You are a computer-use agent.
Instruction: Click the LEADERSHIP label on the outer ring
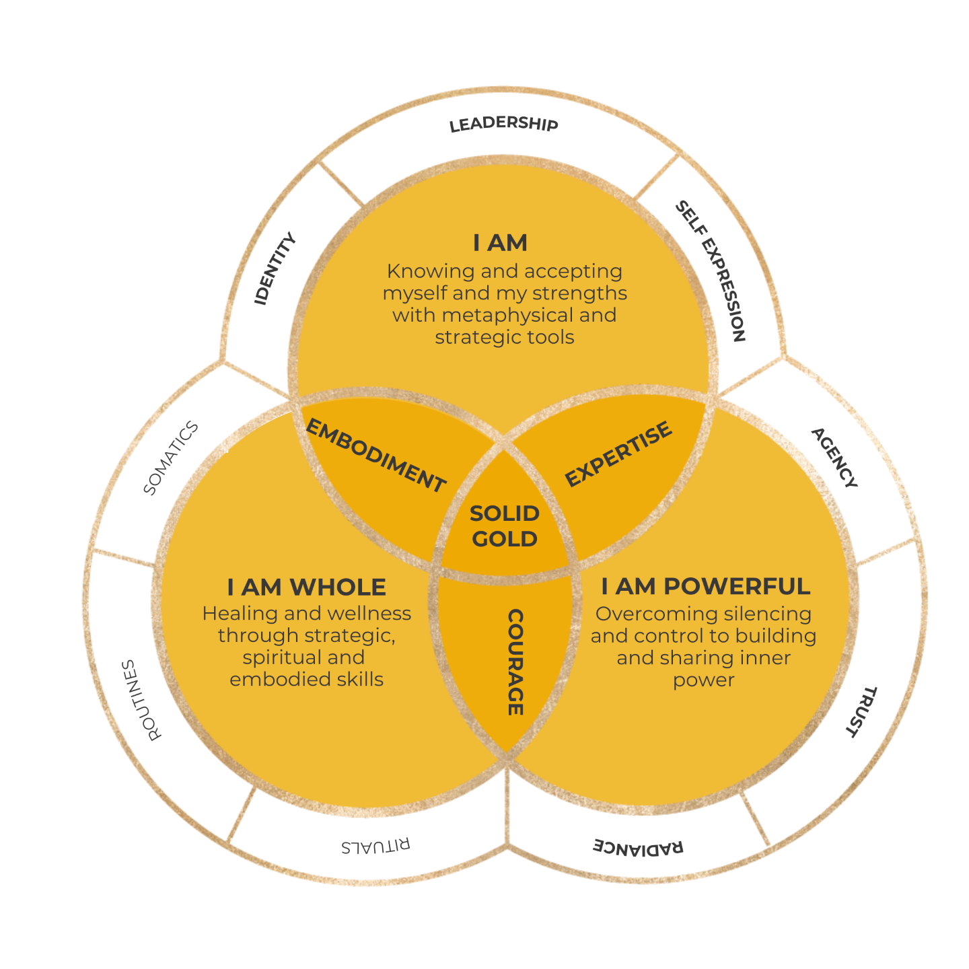[x=503, y=124]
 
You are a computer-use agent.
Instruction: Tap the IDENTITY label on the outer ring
[x=275, y=268]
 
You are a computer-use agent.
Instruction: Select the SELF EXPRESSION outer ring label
[x=711, y=271]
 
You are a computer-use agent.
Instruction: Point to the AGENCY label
[x=834, y=458]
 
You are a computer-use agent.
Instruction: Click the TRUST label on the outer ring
[x=861, y=712]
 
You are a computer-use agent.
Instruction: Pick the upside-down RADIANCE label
[x=638, y=847]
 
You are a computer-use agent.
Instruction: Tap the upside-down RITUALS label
[x=375, y=846]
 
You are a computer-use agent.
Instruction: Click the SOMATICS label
[x=171, y=458]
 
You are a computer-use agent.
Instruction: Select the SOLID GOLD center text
[x=505, y=526]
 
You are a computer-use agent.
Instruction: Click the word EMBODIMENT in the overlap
[x=375, y=456]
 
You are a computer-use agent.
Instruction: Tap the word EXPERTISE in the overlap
[x=618, y=454]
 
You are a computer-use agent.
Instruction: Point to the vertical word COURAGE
[x=515, y=662]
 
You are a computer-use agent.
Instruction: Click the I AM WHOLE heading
[x=307, y=587]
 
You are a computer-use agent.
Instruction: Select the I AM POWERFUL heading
[x=705, y=586]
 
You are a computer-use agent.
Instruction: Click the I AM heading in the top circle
[x=500, y=243]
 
